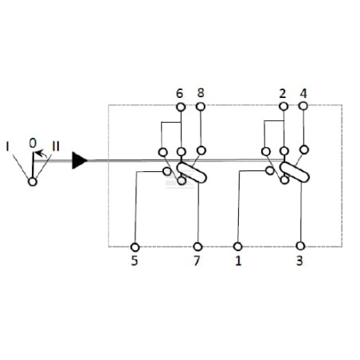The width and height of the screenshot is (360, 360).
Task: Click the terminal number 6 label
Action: click(179, 93)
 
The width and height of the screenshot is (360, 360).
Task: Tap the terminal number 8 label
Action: click(201, 93)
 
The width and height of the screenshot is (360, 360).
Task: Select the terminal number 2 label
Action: click(283, 94)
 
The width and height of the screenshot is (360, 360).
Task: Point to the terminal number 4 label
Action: click(303, 93)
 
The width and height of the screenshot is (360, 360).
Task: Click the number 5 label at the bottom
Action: click(135, 260)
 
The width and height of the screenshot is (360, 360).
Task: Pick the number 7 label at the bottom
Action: click(197, 260)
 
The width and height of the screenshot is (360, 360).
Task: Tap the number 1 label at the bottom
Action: click(238, 261)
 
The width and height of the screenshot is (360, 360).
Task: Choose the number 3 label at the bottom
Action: click(299, 261)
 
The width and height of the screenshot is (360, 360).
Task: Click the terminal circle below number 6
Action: click(181, 107)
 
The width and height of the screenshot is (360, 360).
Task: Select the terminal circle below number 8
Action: click(201, 107)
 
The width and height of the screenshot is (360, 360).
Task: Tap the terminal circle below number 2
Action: click(284, 107)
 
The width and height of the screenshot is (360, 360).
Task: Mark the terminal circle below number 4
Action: click(303, 106)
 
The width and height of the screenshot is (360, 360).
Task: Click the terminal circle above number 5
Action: click(135, 247)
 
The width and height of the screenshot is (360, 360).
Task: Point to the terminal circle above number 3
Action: click(300, 246)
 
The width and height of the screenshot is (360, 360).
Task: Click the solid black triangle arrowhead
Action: click(80, 160)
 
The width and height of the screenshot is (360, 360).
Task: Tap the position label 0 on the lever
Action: click(33, 143)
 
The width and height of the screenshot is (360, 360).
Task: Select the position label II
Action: click(56, 147)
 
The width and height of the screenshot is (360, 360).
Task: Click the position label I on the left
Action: click(7, 147)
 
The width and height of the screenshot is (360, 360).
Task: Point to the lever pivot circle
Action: click(33, 182)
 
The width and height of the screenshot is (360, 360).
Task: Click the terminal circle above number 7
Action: click(198, 247)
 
